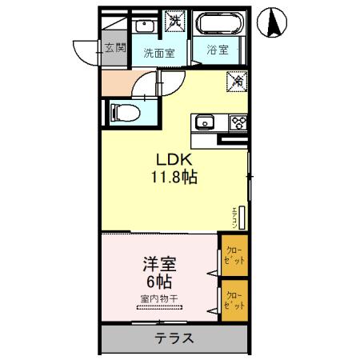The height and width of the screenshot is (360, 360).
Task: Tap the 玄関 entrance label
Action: click(x=114, y=48)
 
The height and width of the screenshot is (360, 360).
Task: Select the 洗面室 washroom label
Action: click(x=159, y=53)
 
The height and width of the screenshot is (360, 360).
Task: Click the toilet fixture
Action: click(x=123, y=111)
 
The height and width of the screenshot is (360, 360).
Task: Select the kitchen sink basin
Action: click(x=202, y=122)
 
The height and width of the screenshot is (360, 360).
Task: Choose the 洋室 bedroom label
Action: click(x=158, y=263)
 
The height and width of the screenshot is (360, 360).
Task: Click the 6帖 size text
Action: click(x=158, y=281)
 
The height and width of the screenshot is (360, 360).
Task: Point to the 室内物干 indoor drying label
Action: click(x=158, y=299)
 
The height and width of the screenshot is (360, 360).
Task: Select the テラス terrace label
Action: click(x=174, y=338)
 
